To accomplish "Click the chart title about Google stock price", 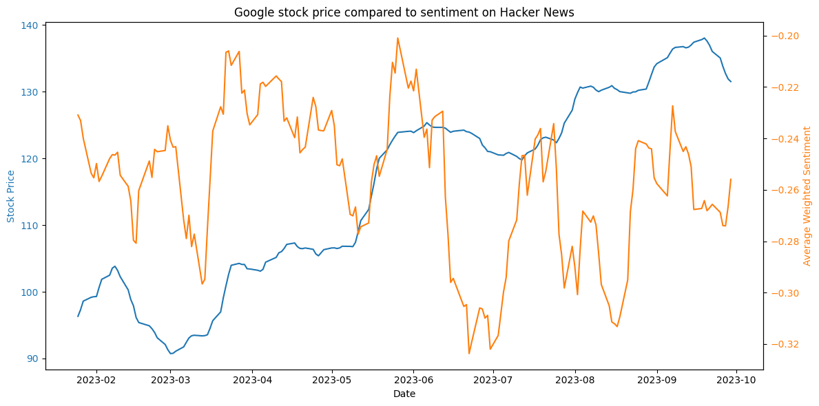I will (x=404, y=12).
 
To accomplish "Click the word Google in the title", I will (x=251, y=12).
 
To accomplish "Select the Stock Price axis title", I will (x=10, y=197).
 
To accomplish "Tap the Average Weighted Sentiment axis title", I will (x=807, y=196).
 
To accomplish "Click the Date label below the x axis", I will (x=404, y=394).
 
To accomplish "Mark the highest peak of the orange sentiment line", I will (x=397, y=38).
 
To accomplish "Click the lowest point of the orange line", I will (x=469, y=354).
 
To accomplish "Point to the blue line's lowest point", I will (x=171, y=354).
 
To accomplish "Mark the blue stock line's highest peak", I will (x=704, y=38).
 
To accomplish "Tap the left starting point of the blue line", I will (x=78, y=317).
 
